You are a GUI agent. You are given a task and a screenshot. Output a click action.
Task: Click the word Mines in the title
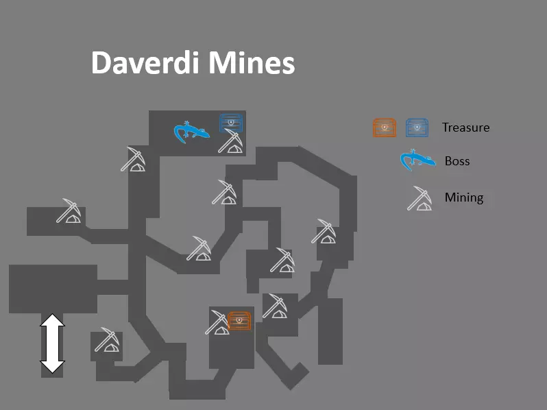tap(252, 62)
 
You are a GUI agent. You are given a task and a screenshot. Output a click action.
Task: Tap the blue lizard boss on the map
tap(191, 132)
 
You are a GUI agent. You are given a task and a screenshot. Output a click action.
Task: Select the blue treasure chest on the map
tap(231, 122)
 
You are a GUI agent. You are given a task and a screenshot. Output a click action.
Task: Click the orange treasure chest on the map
tap(239, 320)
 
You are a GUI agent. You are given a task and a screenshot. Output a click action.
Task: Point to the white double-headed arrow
tap(52, 343)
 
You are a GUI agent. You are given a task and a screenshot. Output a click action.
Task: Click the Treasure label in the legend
tap(465, 128)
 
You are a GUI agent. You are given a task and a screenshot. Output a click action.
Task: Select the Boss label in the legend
tap(457, 161)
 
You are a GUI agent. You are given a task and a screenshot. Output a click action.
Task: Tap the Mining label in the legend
tap(464, 197)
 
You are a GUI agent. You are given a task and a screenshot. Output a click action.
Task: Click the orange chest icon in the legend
tap(385, 128)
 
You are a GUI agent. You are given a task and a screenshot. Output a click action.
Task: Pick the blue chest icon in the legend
tap(417, 128)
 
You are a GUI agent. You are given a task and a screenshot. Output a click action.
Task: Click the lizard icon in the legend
tap(417, 160)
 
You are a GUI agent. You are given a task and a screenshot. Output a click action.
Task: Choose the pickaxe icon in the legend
tap(420, 198)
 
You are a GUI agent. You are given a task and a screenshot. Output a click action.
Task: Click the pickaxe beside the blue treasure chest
tap(230, 141)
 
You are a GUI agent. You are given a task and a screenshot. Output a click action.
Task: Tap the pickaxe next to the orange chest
tap(217, 322)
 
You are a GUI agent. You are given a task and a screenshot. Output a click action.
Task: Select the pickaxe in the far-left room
tap(69, 210)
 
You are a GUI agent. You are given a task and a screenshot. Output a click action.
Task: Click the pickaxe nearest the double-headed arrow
tap(107, 339)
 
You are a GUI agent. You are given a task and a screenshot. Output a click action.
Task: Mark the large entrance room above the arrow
tap(53, 289)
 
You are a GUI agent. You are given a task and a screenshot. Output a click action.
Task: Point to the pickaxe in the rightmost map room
tap(324, 231)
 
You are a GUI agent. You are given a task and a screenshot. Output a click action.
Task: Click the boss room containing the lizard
tap(197, 133)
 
